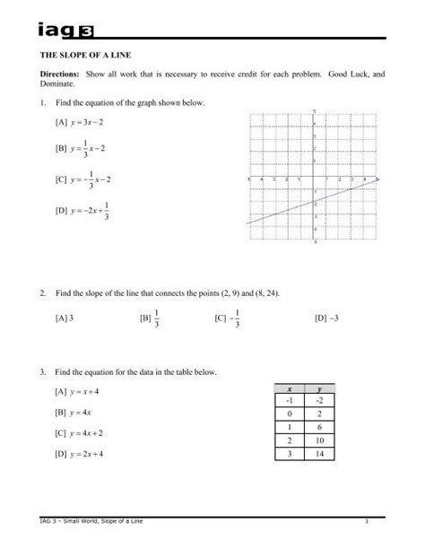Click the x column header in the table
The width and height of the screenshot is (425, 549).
[290, 388]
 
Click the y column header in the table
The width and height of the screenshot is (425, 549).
[320, 388]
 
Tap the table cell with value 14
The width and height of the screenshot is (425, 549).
[320, 455]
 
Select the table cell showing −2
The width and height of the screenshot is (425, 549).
[320, 401]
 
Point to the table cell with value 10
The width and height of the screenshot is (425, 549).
[320, 441]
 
